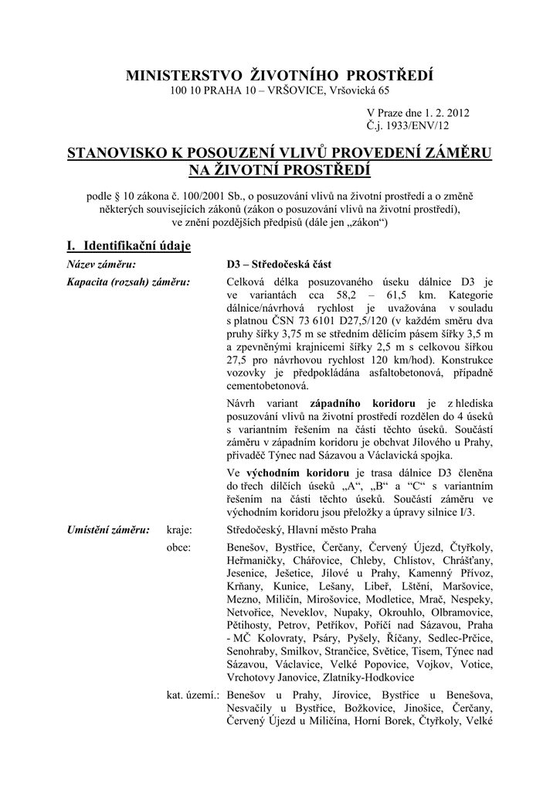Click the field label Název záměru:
[100, 265]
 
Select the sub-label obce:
[179, 547]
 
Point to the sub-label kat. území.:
[193, 696]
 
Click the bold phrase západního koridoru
[363, 404]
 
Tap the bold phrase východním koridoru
[303, 472]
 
